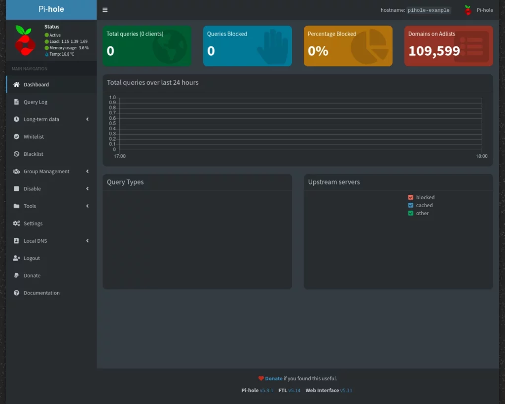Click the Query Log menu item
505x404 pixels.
click(x=35, y=102)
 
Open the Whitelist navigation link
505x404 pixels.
click(x=34, y=137)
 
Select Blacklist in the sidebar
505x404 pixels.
click(x=33, y=154)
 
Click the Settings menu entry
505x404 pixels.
click(x=33, y=223)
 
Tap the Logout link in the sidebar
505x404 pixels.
click(x=32, y=258)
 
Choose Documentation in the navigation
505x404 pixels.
click(x=41, y=293)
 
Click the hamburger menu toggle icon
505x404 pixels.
click(x=105, y=10)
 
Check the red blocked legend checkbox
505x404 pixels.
click(x=411, y=197)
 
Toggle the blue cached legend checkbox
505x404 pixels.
click(x=411, y=205)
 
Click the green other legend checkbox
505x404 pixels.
click(x=411, y=213)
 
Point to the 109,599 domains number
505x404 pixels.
click(x=434, y=51)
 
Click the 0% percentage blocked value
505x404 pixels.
click(x=318, y=51)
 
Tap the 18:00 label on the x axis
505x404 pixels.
click(x=481, y=156)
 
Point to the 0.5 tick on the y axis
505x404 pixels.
click(x=112, y=123)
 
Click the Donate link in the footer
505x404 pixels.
click(x=274, y=379)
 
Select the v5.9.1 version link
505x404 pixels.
click(x=266, y=391)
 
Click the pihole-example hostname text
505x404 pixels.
click(x=429, y=10)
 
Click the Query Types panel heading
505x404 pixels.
click(x=125, y=182)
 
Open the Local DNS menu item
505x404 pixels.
click(x=35, y=241)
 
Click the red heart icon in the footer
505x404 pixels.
click(x=261, y=379)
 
